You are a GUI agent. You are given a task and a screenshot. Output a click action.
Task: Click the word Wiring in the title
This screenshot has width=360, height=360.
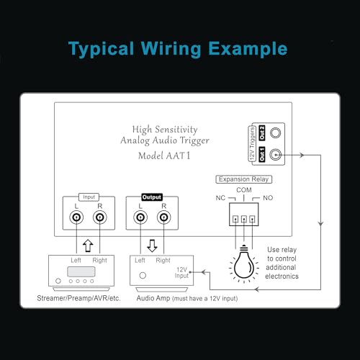coord(171,49)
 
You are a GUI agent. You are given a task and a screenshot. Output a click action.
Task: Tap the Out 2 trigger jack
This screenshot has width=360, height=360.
coord(275,132)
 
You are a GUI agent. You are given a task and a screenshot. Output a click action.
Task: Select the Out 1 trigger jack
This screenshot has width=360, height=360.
coord(275,155)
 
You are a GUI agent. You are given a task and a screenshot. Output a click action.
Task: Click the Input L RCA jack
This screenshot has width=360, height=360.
coord(76,217)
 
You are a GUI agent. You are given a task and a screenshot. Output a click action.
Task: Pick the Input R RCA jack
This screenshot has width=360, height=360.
coord(100,217)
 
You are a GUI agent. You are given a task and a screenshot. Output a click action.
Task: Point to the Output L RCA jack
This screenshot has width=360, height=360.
coord(140,217)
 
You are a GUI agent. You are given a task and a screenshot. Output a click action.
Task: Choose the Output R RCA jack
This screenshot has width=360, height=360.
coord(163,217)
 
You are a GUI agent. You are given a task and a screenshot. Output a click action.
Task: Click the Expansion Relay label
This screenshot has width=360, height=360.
coord(243,179)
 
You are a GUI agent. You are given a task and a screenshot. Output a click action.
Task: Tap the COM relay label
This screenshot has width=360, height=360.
coord(244,190)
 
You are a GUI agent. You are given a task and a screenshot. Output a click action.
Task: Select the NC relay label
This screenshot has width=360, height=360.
coord(220,198)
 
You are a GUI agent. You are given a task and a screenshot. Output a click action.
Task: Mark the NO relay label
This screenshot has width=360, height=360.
coord(268,198)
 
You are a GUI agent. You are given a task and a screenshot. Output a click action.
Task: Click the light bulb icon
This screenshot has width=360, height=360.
coord(244,264)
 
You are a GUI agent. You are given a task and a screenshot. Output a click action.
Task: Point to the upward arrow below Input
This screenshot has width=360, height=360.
coord(88,246)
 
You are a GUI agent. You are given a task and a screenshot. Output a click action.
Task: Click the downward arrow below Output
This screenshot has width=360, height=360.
coord(152,246)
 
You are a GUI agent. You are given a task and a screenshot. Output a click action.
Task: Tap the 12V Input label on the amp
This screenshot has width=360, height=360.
coord(181,273)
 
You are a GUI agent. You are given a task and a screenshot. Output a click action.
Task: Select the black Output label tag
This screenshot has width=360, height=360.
coord(152,197)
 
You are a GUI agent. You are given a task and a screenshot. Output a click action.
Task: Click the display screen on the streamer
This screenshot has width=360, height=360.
coord(81,271)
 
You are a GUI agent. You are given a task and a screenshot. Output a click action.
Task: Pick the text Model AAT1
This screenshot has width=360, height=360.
coord(164,156)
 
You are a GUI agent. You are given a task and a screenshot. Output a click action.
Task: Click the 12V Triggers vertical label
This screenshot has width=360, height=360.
coord(252,143)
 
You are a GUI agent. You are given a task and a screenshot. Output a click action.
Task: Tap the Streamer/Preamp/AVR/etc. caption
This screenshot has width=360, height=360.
coord(78,298)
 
